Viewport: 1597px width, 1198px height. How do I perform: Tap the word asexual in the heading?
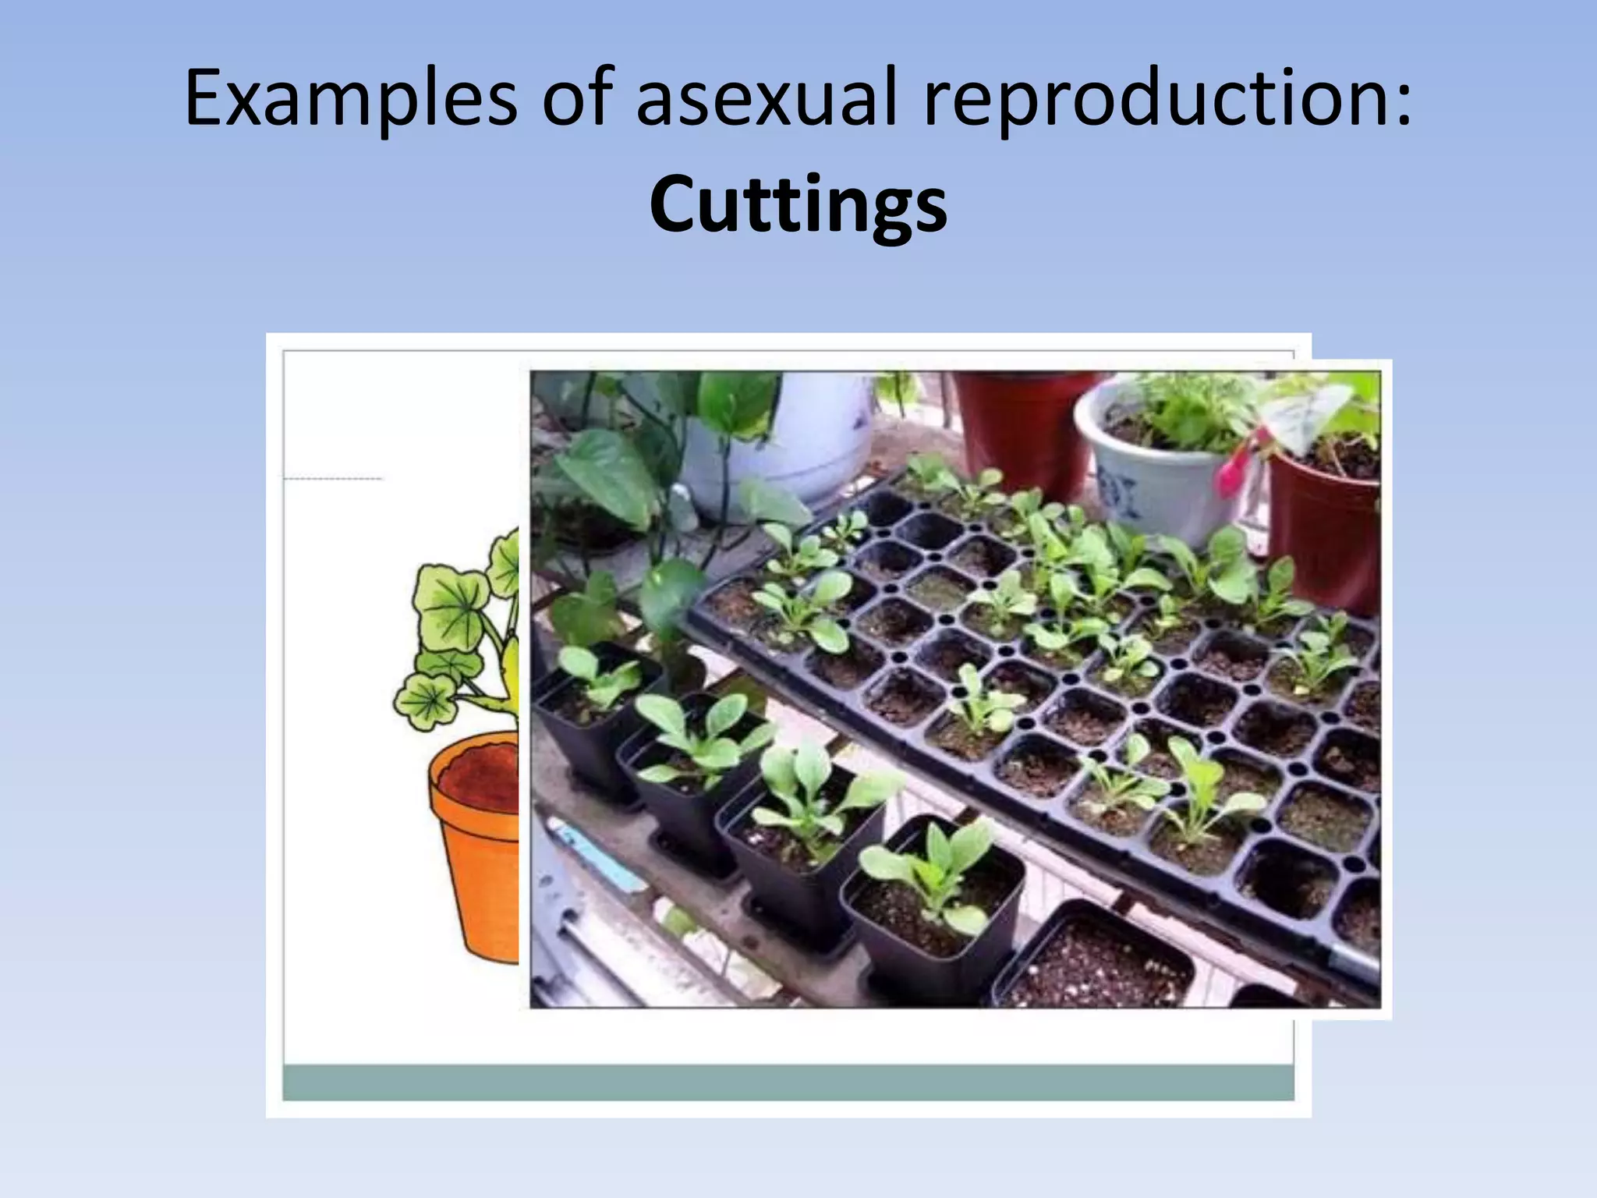[768, 99]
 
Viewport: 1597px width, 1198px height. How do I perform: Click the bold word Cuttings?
[798, 204]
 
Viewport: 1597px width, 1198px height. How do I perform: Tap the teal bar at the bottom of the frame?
[788, 1083]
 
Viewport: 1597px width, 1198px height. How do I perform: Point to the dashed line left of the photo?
[333, 478]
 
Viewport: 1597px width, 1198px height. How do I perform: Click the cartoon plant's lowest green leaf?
[425, 700]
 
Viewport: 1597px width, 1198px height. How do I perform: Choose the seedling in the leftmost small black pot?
[597, 675]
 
